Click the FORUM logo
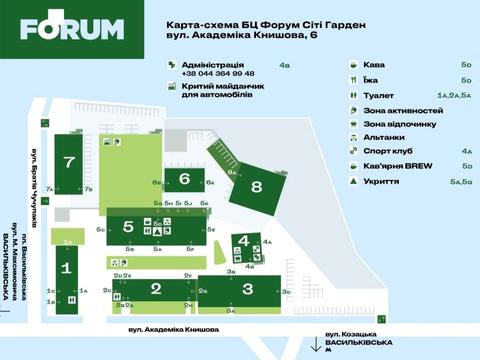pyautogui.click(x=72, y=30)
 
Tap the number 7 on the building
pyautogui.click(x=68, y=162)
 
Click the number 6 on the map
pyautogui.click(x=185, y=179)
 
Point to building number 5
pyautogui.click(x=128, y=227)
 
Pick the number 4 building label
pyautogui.click(x=244, y=241)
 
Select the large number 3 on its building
pyautogui.click(x=232, y=289)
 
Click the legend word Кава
pyautogui.click(x=374, y=65)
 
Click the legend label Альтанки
pyautogui.click(x=384, y=138)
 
